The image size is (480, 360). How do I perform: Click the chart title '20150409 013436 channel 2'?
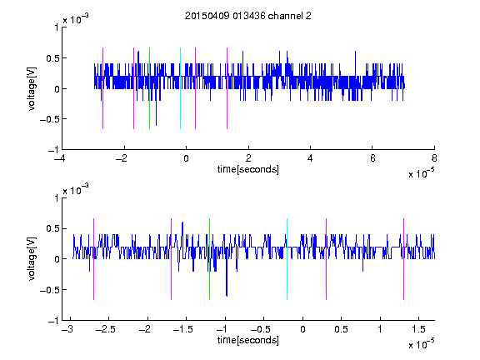point(248,16)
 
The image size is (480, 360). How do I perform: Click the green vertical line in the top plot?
point(149,88)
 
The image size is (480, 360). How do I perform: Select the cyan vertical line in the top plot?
point(180,88)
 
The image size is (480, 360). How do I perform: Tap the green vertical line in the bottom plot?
point(209,259)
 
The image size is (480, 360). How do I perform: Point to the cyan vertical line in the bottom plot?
point(287,259)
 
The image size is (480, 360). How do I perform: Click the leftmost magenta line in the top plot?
point(102,88)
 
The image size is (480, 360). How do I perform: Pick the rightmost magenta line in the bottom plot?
point(403,259)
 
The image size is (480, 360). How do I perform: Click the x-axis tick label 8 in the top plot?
point(434,158)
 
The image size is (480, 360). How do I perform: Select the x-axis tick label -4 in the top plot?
point(59,158)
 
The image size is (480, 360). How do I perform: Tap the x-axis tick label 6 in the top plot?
point(372,158)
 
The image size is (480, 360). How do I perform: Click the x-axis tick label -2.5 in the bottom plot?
point(106,329)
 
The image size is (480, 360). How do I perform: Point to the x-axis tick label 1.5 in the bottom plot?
point(418,329)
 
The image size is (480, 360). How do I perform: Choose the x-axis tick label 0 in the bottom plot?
point(302,329)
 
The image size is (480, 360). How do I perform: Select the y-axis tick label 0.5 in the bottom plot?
point(52,229)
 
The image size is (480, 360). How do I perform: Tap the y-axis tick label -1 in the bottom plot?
point(53,321)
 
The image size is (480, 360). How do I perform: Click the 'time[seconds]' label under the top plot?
point(248,169)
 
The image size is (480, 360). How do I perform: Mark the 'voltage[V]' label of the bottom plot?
point(32,259)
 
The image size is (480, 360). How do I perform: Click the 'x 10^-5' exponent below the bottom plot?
point(421,343)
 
